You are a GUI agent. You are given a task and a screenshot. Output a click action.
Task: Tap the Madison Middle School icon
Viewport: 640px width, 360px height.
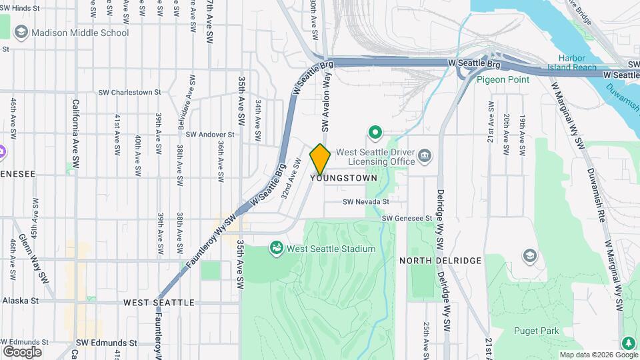click(21, 33)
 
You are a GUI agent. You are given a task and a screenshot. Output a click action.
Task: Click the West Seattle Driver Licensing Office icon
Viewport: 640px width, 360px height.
click(425, 157)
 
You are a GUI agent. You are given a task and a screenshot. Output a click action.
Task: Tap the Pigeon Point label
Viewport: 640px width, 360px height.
click(503, 79)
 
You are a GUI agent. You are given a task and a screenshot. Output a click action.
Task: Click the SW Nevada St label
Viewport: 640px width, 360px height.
click(365, 201)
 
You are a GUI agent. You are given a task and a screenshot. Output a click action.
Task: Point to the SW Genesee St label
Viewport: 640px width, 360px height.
click(407, 218)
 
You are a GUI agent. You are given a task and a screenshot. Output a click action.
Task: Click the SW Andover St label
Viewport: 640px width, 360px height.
click(211, 134)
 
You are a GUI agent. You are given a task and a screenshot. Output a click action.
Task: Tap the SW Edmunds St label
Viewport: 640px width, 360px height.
click(106, 343)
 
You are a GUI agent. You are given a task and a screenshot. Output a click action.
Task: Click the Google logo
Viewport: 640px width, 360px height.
click(22, 351)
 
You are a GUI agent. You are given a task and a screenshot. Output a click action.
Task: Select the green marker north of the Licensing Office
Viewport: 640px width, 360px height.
click(375, 133)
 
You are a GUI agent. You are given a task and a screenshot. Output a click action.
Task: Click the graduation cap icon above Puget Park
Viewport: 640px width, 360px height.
click(529, 256)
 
